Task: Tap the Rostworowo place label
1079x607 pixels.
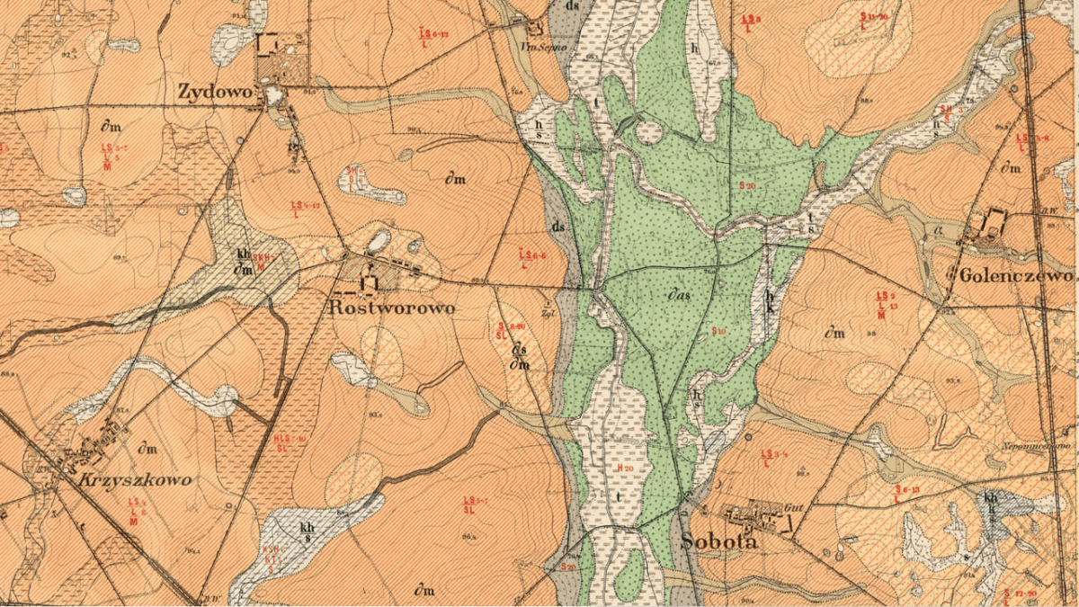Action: [x=392, y=308]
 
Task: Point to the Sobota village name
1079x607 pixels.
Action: [x=719, y=541]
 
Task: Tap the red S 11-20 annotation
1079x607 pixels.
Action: [x=873, y=16]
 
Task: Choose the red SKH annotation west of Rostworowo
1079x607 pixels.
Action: [x=261, y=261]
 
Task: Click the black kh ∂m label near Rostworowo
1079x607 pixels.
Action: [x=242, y=262]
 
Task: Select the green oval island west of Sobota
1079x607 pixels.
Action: [x=629, y=564]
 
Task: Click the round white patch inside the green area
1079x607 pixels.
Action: [x=649, y=133]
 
